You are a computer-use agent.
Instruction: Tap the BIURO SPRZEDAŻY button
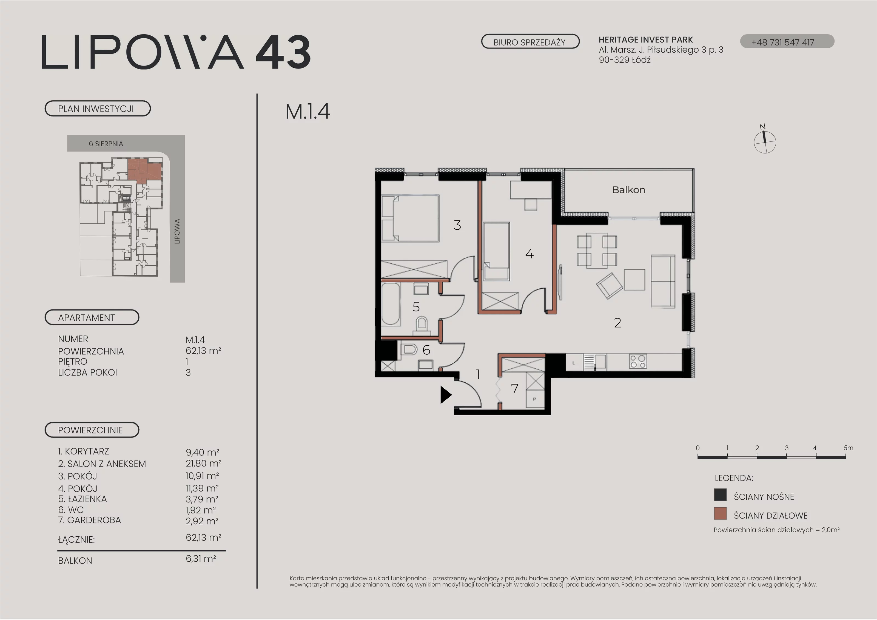(530, 42)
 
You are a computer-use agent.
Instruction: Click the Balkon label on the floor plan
(629, 190)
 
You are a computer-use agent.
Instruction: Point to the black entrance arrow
(446, 395)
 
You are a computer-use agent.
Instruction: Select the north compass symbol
(765, 140)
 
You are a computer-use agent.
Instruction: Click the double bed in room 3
(411, 218)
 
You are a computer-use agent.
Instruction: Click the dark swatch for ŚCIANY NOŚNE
(721, 495)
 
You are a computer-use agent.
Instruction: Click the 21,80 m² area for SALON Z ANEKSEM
(204, 463)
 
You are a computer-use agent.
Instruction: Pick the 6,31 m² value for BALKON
(201, 559)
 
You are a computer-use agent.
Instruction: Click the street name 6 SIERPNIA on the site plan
(106, 144)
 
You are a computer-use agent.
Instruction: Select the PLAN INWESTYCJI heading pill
(98, 109)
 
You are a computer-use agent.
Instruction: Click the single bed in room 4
(496, 251)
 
